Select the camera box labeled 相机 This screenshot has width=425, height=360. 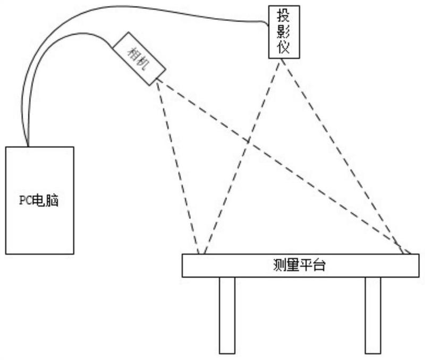point(139,58)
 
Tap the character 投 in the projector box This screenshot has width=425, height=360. point(284,16)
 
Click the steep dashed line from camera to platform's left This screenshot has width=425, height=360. point(178,165)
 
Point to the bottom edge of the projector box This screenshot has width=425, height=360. point(284,58)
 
